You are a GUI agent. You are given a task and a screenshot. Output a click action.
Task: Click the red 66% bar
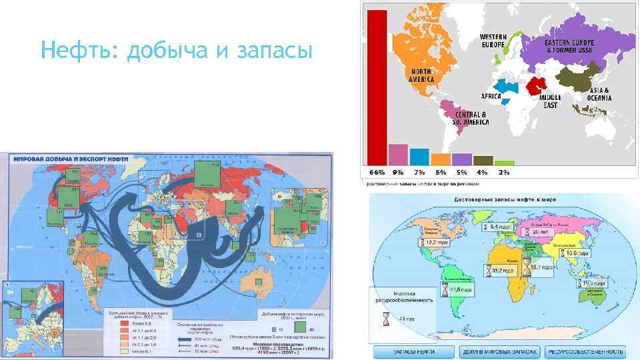tap(377, 87)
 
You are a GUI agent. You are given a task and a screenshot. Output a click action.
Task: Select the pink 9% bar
tap(398, 154)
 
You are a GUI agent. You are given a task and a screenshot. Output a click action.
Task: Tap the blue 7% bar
tap(419, 156)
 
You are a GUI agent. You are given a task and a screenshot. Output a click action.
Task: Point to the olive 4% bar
tap(483, 160)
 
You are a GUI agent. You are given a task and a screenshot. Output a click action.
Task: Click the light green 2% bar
tap(505, 162)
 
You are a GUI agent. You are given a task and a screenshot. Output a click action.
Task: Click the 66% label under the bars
tap(377, 172)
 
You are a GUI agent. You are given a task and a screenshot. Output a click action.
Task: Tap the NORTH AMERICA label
tap(421, 75)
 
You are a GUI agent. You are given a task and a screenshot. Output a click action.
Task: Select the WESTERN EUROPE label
tap(493, 40)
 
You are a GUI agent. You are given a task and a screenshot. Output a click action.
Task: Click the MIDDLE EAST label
tap(550, 101)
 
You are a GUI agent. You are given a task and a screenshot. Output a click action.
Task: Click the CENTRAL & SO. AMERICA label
tap(471, 118)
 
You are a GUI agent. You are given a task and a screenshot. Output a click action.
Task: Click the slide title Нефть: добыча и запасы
tap(176, 49)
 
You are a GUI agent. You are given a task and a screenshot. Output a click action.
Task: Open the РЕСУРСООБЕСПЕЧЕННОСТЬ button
tap(586, 351)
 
